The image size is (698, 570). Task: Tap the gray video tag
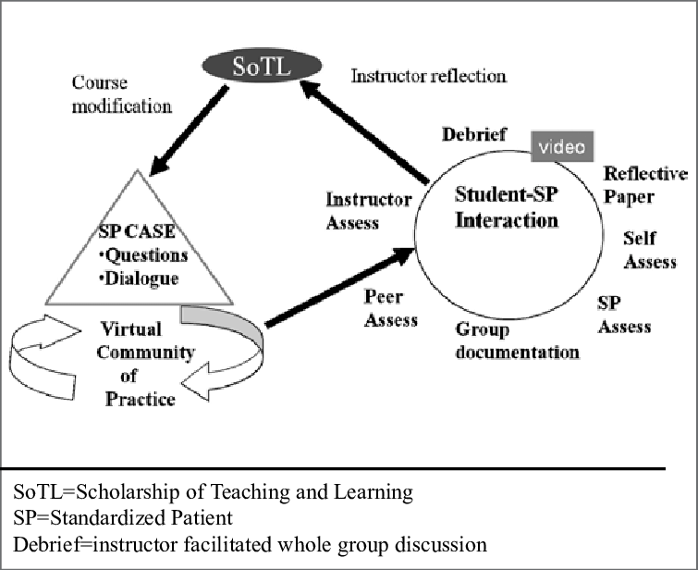[561, 145]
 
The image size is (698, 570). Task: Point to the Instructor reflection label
[428, 76]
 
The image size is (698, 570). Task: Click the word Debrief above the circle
[473, 135]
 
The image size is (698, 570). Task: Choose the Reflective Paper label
[644, 184]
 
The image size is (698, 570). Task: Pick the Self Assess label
[650, 250]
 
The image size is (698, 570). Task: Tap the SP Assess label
[624, 315]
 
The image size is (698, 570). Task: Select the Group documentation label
[517, 341]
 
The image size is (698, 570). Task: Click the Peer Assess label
[390, 309]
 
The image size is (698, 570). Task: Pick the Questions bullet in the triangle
[143, 255]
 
